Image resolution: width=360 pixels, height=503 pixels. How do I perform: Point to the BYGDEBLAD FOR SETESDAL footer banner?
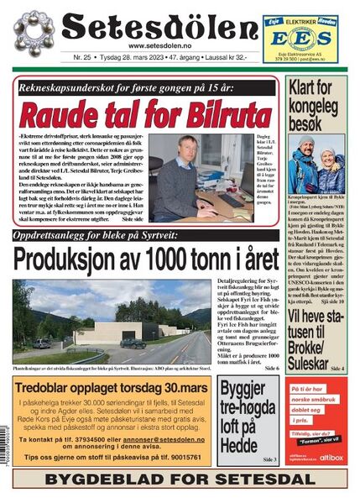click(180, 481)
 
